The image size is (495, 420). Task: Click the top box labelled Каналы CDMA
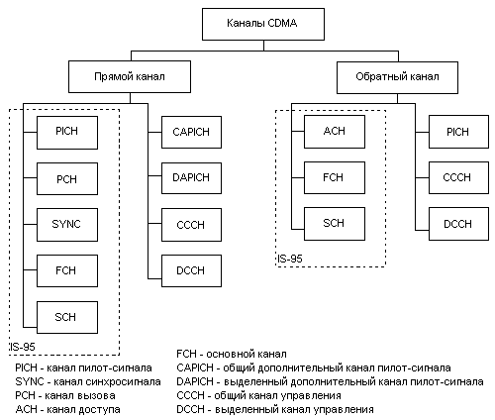(x=263, y=24)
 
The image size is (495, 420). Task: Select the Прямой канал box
(x=130, y=76)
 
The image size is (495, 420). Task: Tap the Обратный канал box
(x=397, y=77)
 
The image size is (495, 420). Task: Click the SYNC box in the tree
(x=67, y=225)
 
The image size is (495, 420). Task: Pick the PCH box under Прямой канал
(x=67, y=178)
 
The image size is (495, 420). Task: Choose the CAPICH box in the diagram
(x=191, y=132)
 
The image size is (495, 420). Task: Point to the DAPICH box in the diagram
(x=191, y=177)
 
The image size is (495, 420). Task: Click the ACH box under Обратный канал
(x=335, y=132)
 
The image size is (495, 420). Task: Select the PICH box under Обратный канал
(x=458, y=132)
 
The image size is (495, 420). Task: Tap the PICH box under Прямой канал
(x=67, y=133)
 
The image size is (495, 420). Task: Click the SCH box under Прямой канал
(x=67, y=317)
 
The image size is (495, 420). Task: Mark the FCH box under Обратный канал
(x=335, y=177)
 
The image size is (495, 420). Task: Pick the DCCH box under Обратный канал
(x=458, y=224)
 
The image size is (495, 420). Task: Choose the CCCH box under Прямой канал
(x=191, y=225)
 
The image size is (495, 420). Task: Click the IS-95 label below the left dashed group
(x=22, y=347)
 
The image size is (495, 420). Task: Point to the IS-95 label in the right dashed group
(x=290, y=259)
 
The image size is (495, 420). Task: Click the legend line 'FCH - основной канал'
(x=232, y=354)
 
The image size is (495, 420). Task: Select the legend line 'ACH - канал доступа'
(x=67, y=409)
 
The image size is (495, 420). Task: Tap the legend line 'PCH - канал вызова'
(x=65, y=395)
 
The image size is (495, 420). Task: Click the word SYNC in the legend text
(x=30, y=381)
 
